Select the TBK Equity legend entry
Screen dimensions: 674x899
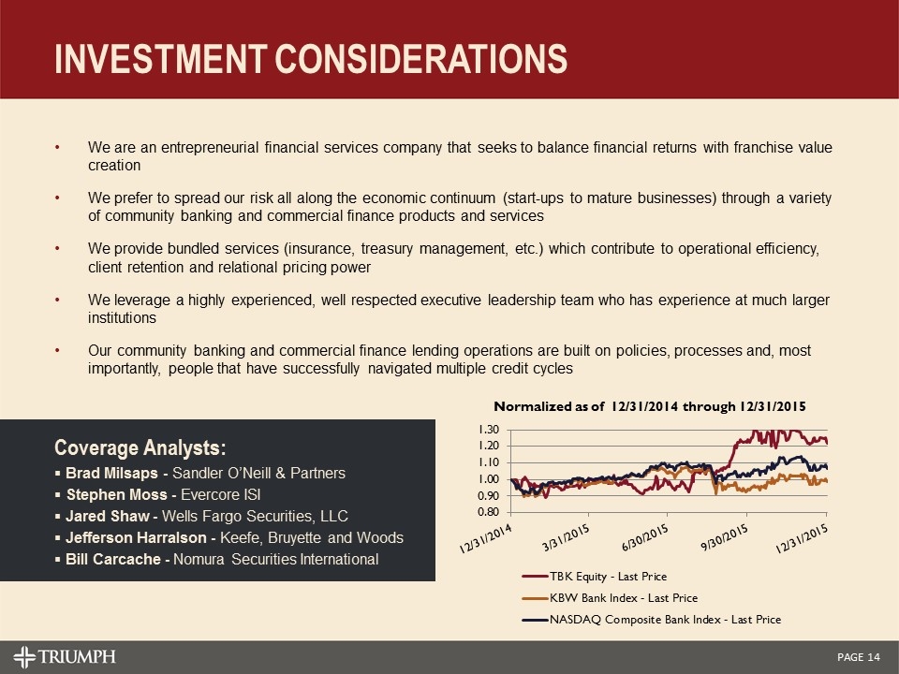coord(609,577)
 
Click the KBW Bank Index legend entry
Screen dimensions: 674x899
coord(624,598)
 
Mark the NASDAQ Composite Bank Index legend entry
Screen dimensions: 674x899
coord(665,620)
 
